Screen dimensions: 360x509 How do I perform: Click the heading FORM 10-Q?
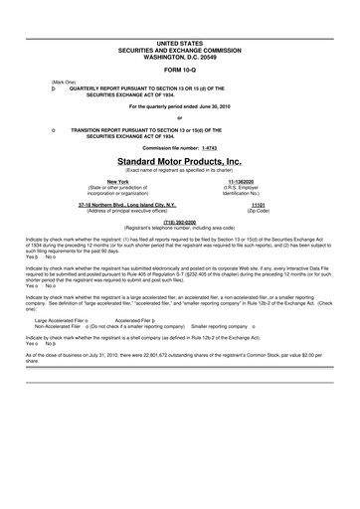(179, 70)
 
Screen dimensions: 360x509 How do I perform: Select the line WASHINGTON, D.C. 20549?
(179, 56)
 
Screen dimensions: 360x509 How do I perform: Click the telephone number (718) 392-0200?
(180, 222)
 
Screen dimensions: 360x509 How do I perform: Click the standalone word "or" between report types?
(180, 117)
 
